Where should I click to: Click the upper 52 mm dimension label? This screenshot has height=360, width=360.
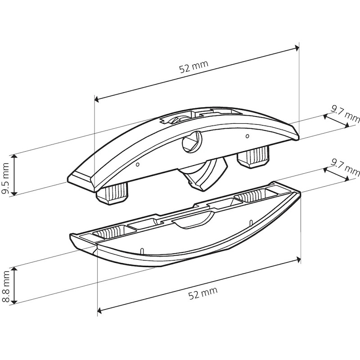(x=194, y=66)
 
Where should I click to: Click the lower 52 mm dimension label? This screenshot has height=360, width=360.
(x=203, y=293)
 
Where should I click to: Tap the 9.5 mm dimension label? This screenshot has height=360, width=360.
(x=5, y=178)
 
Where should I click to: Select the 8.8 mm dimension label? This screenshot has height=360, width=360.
(x=5, y=286)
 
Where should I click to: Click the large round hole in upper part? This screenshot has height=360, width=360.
(x=192, y=141)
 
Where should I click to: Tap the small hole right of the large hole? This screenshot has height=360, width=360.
(x=247, y=136)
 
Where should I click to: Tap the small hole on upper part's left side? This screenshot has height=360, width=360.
(x=138, y=164)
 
